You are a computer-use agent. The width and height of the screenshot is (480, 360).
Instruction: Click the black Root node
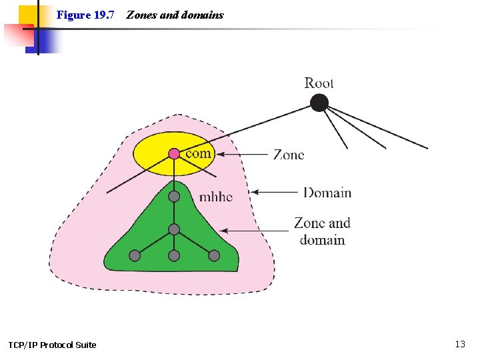[x=319, y=103]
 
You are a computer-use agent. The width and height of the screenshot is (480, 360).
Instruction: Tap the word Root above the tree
[x=319, y=83]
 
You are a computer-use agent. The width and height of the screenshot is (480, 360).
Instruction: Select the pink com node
[x=174, y=154]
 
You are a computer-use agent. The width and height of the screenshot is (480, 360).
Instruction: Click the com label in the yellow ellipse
[x=198, y=153]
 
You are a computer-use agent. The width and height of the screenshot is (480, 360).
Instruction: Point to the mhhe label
[x=216, y=197]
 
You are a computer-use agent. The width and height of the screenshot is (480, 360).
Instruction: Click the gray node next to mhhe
[x=174, y=197]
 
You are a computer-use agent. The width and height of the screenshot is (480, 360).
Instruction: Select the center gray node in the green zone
[x=174, y=229]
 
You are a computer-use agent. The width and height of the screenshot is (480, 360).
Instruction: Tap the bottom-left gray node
[x=135, y=255]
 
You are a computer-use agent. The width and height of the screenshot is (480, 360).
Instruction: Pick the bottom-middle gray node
[x=174, y=255]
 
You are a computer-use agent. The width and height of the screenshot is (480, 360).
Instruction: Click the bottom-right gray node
[x=213, y=255]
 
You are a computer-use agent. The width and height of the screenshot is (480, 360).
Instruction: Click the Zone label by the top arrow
[x=289, y=155]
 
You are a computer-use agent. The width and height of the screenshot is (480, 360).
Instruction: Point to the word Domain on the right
[x=327, y=193]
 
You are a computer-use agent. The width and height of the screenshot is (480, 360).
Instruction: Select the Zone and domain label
[x=322, y=231]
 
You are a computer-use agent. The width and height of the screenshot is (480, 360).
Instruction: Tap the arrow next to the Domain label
[x=275, y=193]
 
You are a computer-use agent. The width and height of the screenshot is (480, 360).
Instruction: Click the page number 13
[x=460, y=344]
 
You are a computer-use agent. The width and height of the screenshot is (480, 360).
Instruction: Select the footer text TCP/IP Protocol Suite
[x=52, y=345]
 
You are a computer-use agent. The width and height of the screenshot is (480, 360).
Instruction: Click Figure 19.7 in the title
[x=86, y=15]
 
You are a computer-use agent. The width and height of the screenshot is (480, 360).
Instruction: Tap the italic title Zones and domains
[x=175, y=15]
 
